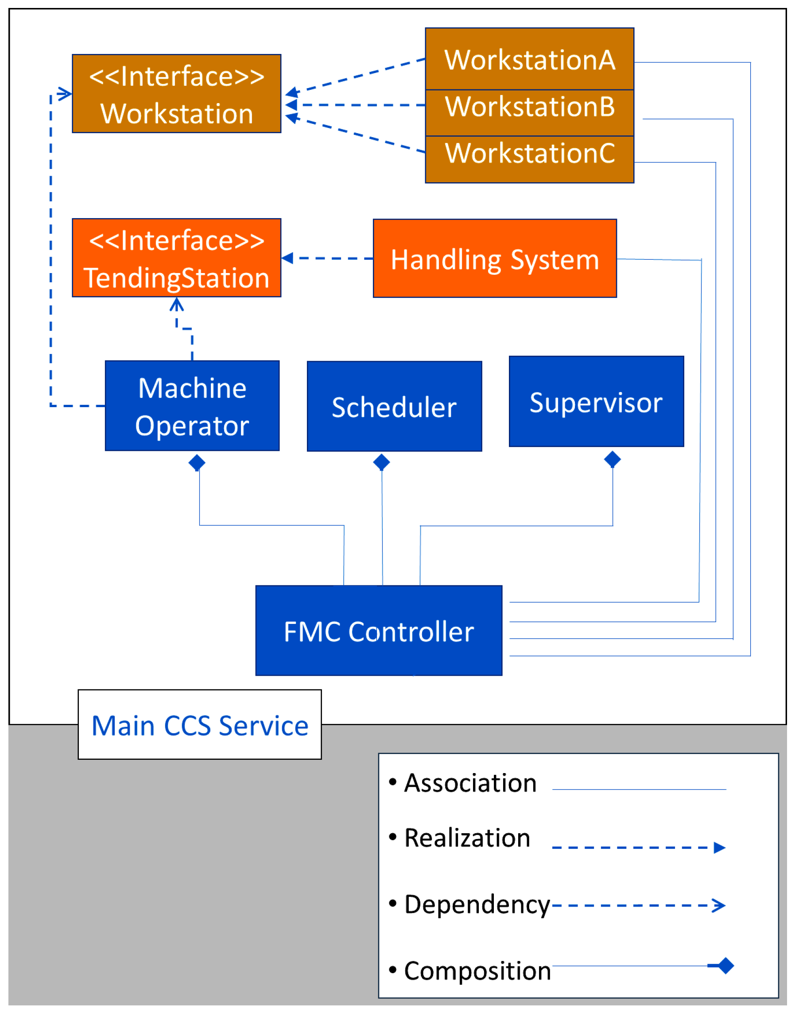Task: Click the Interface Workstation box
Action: (x=176, y=93)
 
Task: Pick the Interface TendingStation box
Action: (x=176, y=258)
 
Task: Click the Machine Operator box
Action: (x=192, y=406)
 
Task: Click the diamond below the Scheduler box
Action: (x=381, y=462)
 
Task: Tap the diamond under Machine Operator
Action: (x=197, y=463)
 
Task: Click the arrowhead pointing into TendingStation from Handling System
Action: (x=287, y=258)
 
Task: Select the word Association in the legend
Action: (x=470, y=783)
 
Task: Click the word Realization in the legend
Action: (x=467, y=838)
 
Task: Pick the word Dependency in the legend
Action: (x=477, y=905)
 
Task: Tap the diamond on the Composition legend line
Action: (x=725, y=965)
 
